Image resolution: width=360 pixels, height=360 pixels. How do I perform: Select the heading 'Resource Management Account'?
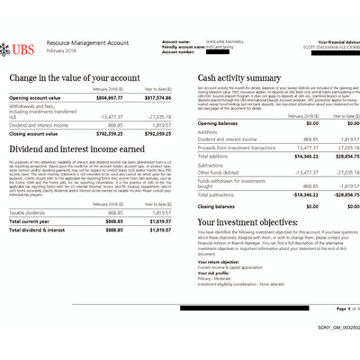pos(87,42)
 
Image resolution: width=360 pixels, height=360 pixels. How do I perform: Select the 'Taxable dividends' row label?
pos(29,212)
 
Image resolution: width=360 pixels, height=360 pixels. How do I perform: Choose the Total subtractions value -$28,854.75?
pos(336,193)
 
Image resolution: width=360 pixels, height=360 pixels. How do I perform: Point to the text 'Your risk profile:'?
pos(216,272)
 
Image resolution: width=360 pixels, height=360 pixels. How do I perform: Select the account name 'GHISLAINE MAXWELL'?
pos(224,42)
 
